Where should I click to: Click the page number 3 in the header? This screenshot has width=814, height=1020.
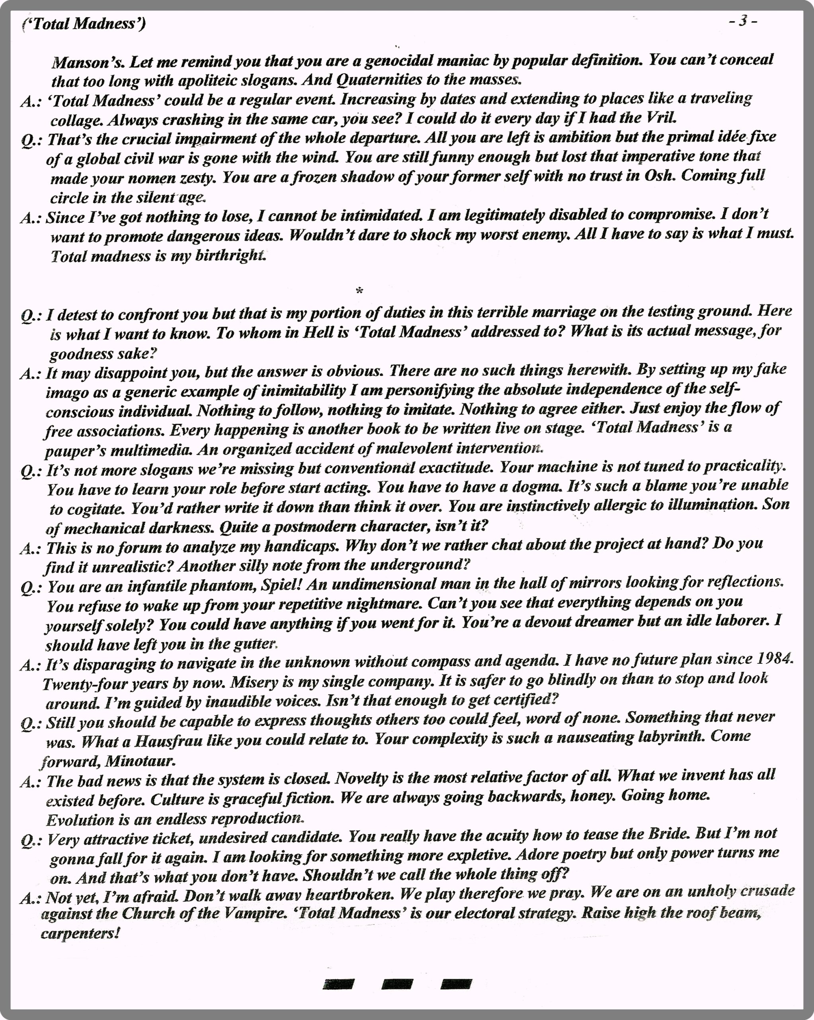click(744, 21)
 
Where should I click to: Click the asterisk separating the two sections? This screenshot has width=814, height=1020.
click(359, 290)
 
